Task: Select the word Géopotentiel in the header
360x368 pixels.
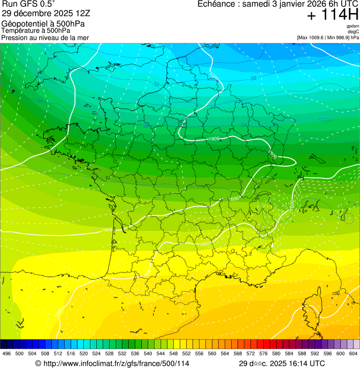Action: [24, 23]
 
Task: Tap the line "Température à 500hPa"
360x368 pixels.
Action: [36, 30]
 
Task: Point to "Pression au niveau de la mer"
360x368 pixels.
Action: [45, 37]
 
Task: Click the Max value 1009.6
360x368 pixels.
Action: [318, 37]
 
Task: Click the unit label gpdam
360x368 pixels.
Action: [353, 26]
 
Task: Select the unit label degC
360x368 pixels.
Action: [353, 31]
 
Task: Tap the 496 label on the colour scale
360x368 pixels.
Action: [7, 354]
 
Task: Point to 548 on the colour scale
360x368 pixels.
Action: [174, 354]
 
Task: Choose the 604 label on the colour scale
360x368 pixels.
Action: [353, 354]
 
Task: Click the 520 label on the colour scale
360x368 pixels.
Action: [84, 354]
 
